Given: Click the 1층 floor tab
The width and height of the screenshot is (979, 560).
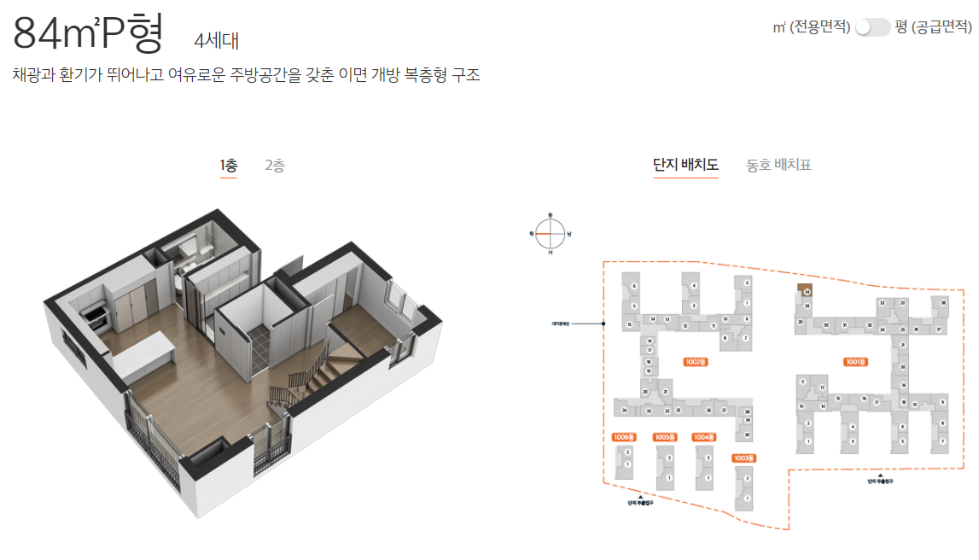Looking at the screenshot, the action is coord(228,166).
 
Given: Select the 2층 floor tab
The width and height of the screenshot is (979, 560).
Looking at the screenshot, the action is coord(275,166).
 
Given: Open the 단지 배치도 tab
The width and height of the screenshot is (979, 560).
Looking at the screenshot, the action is coord(685,165).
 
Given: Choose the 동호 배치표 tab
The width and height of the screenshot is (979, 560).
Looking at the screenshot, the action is coord(778,165).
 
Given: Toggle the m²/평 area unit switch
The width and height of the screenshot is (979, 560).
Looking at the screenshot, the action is coord(872,27).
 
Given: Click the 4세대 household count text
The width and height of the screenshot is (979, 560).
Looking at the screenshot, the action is coord(218,40).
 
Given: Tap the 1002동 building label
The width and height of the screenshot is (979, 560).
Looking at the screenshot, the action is coord(696,362).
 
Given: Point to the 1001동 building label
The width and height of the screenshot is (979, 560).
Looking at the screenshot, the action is coord(855,362).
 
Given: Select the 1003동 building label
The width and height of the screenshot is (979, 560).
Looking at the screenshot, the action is coord(743,458).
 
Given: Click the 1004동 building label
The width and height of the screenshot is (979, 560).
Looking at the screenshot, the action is coord(703,437).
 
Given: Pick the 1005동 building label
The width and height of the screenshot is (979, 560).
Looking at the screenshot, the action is coord(665,437).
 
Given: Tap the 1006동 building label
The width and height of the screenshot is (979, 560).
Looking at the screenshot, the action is coord(625,437).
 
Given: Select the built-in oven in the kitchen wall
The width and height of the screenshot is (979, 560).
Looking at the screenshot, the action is coord(95,317).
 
